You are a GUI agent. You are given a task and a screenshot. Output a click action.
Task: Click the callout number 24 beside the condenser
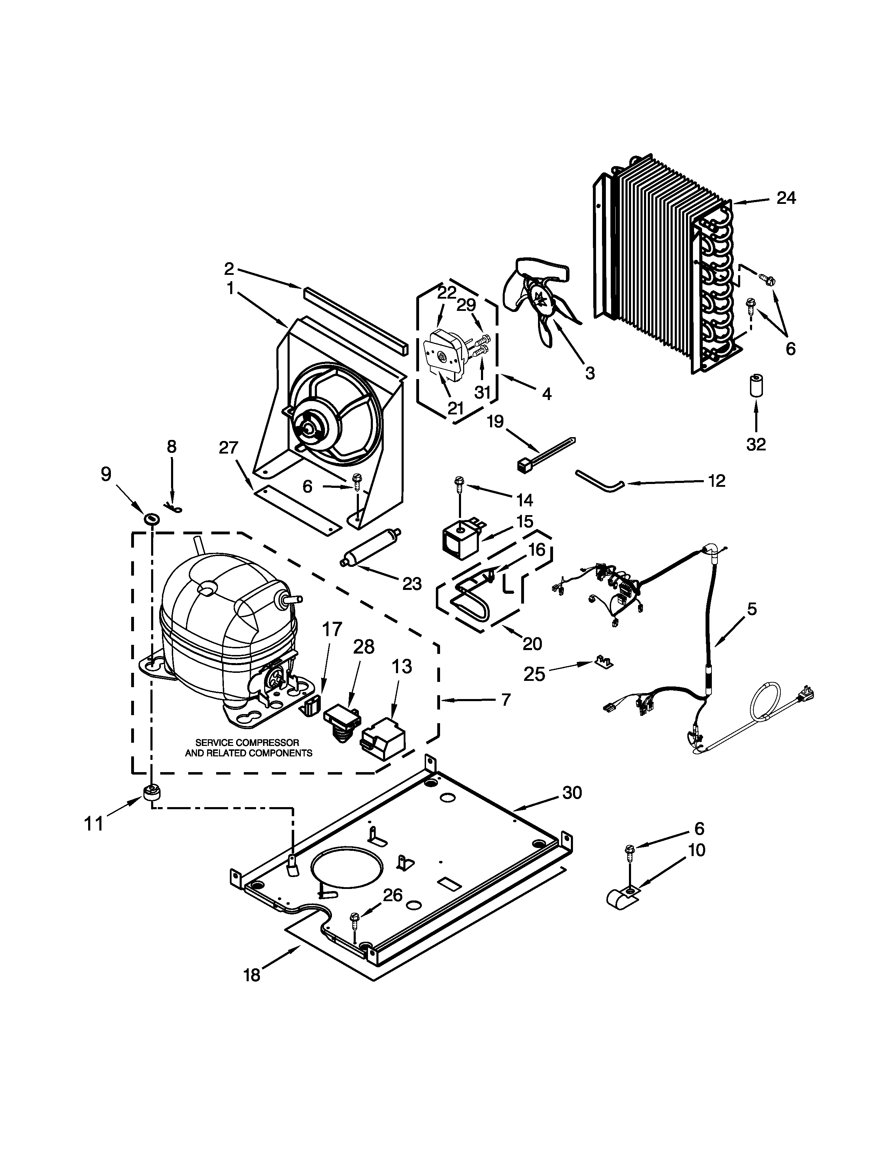coord(786,198)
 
